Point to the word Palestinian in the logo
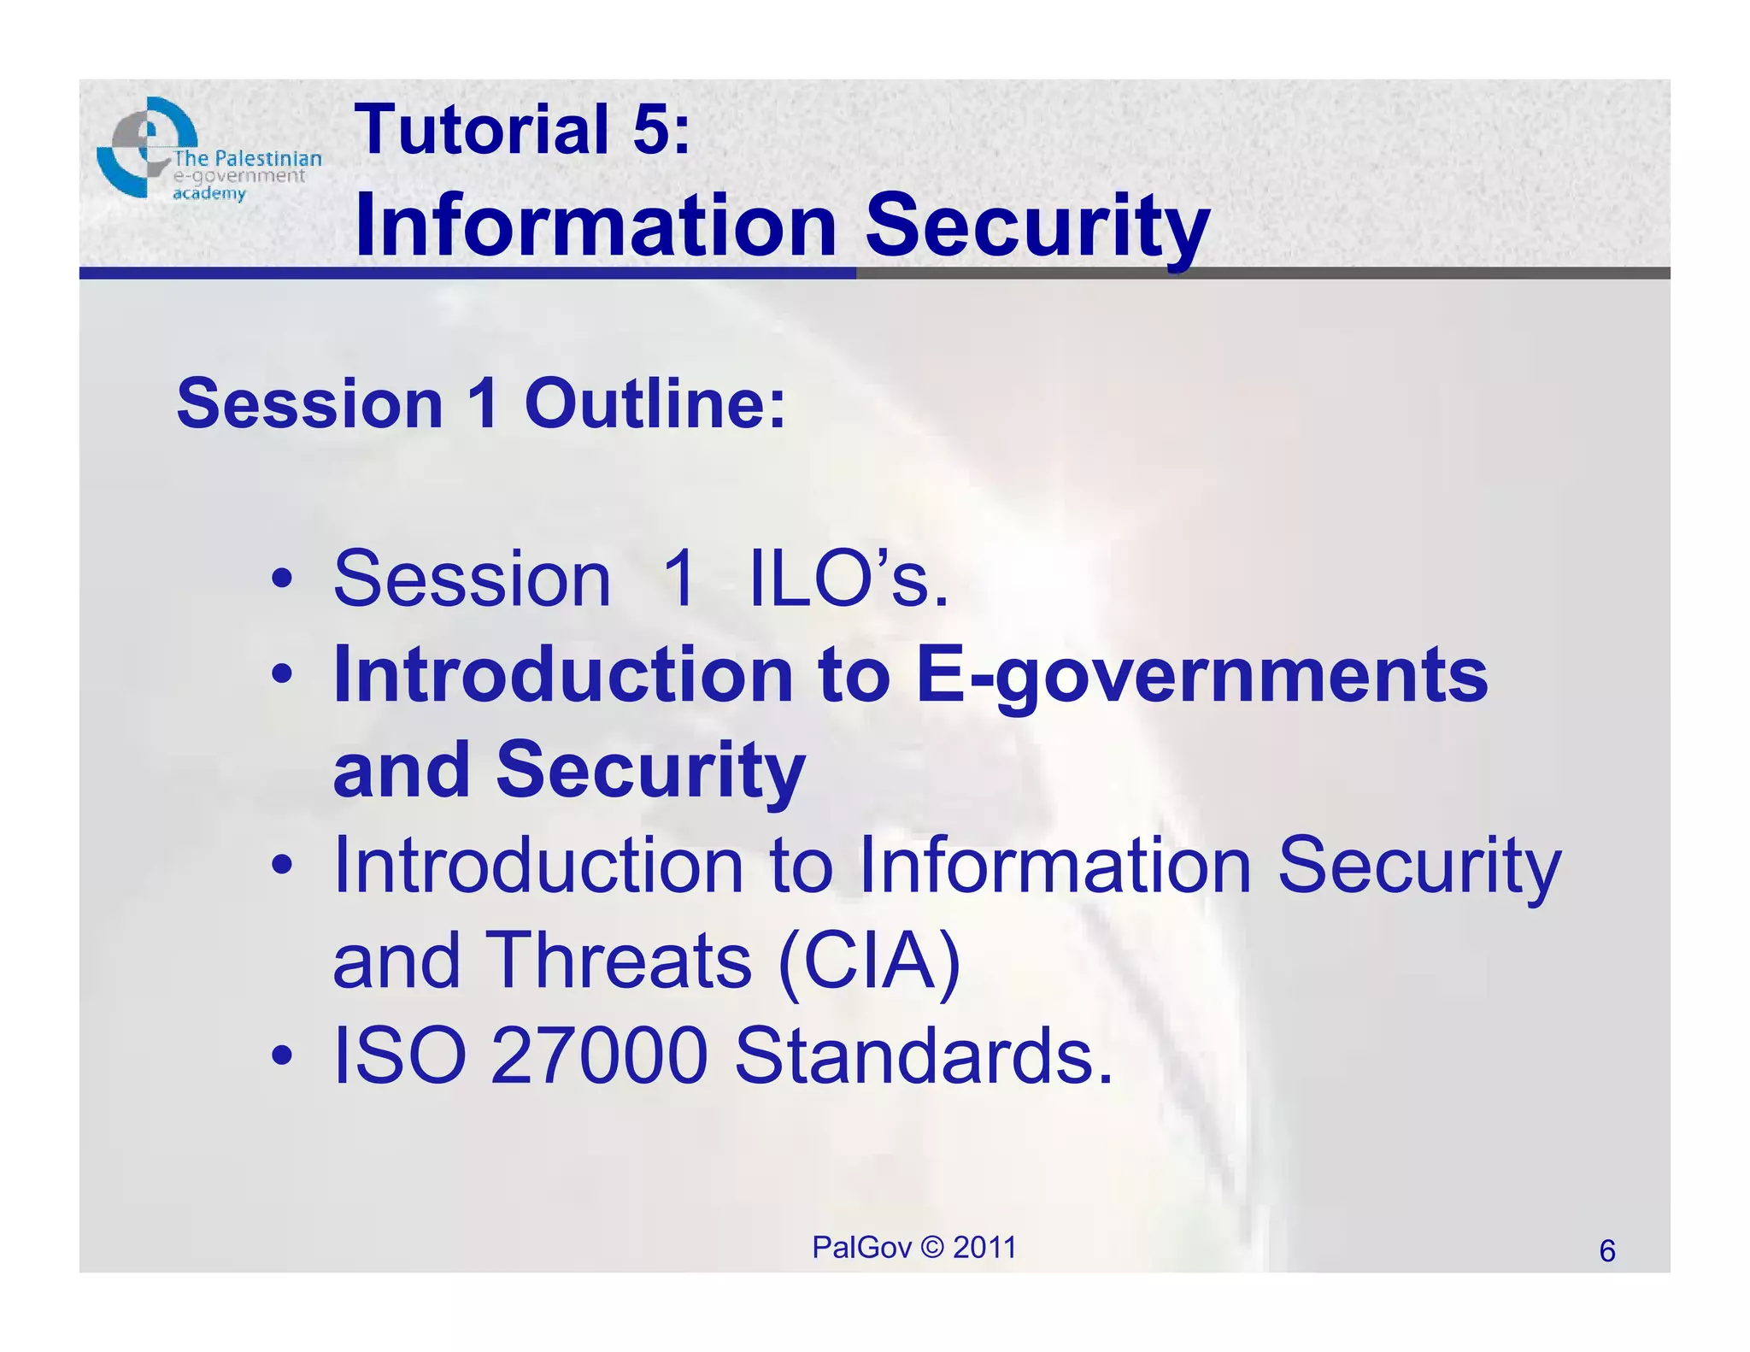[267, 159]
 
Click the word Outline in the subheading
[655, 403]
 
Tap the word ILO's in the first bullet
[849, 579]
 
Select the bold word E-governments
[1201, 675]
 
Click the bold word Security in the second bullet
[649, 770]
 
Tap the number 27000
[599, 1056]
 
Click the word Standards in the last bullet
[923, 1056]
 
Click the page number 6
[1606, 1251]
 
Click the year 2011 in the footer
[984, 1248]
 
